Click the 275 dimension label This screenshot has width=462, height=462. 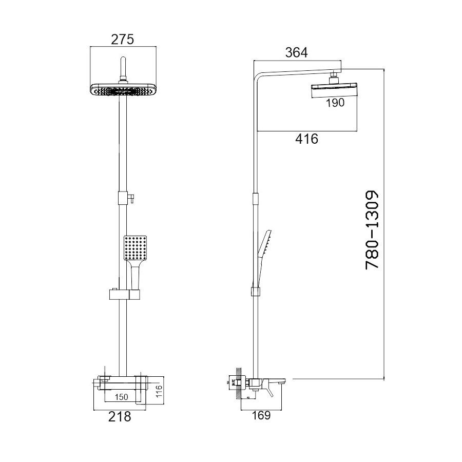pyautogui.click(x=123, y=38)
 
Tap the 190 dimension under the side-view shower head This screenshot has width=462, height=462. pyautogui.click(x=334, y=103)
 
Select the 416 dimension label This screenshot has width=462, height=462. pyautogui.click(x=307, y=139)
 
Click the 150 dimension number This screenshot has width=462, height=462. pyautogui.click(x=122, y=396)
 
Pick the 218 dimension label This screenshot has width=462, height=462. pyautogui.click(x=120, y=417)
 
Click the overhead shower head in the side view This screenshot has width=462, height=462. pyautogui.click(x=334, y=89)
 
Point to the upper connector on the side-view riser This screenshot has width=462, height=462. pyautogui.click(x=255, y=198)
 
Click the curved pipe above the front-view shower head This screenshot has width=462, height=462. pyautogui.click(x=123, y=66)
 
